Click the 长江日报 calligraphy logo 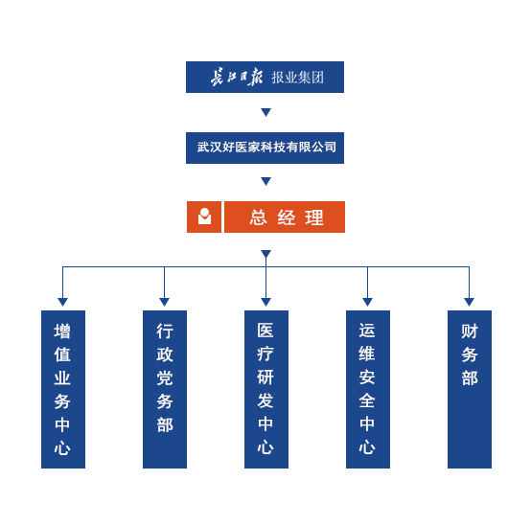(x=237, y=78)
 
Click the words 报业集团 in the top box (x=297, y=78)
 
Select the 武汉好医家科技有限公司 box (x=265, y=148)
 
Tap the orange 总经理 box (x=285, y=217)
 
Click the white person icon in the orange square (x=204, y=217)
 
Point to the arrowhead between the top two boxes (x=265, y=112)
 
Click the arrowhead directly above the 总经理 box (x=265, y=181)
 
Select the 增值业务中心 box (x=63, y=389)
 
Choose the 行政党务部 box (x=165, y=389)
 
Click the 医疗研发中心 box (x=266, y=389)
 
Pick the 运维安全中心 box (x=368, y=389)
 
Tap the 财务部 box (x=470, y=389)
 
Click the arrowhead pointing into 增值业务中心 (x=62, y=302)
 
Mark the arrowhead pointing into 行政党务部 (x=164, y=302)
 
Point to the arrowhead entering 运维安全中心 (x=367, y=302)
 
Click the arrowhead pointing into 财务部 (x=469, y=302)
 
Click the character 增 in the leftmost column (x=62, y=332)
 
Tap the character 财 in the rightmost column (x=470, y=332)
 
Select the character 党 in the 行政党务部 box (x=165, y=378)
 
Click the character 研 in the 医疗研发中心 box (x=265, y=377)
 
